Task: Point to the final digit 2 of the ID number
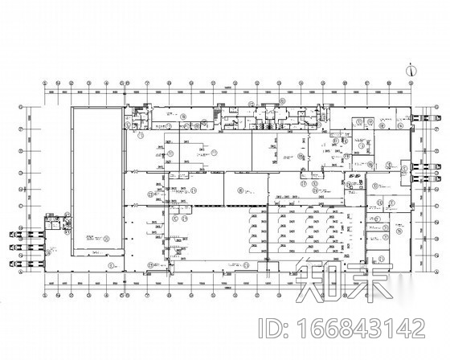(x=417, y=329)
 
